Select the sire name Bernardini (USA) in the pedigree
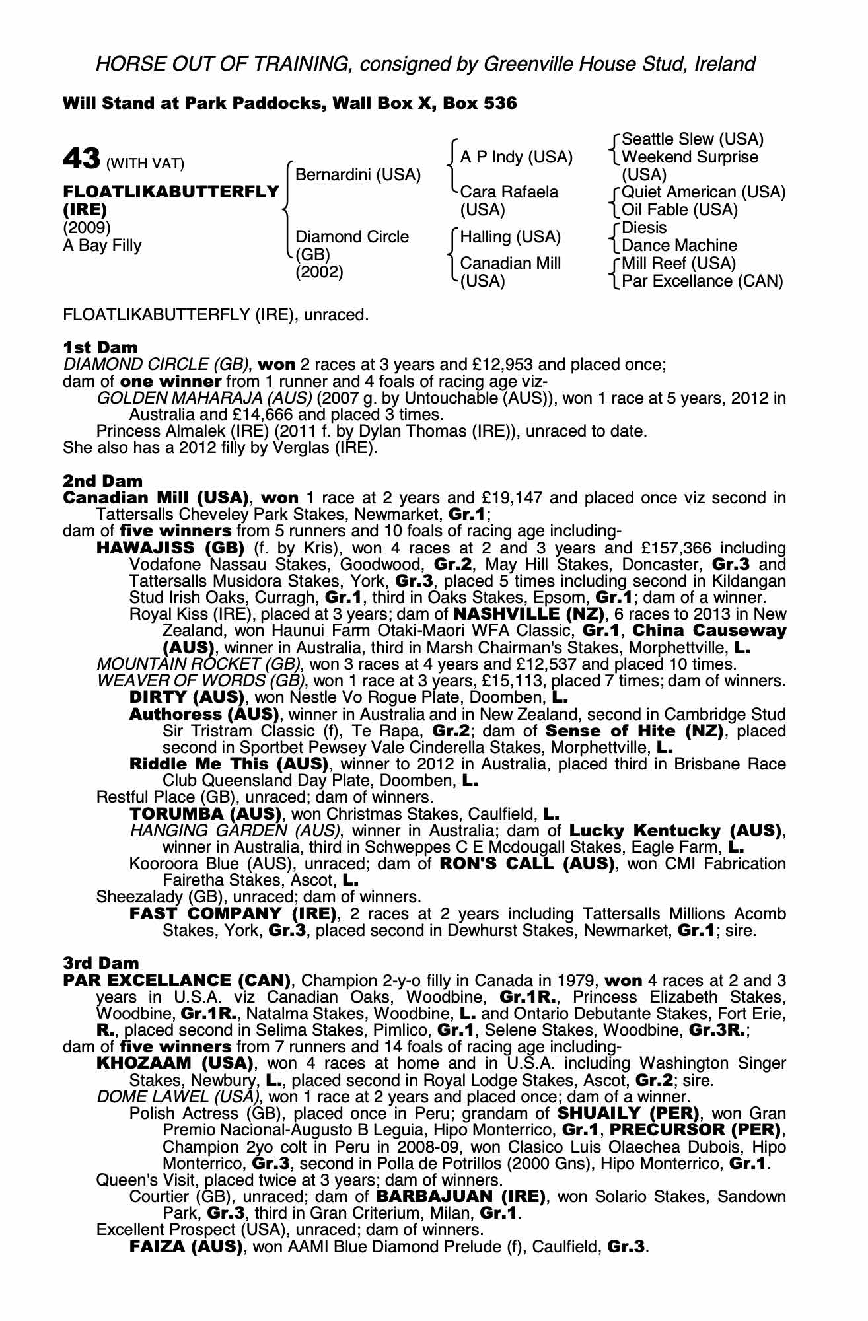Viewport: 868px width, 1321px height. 357,175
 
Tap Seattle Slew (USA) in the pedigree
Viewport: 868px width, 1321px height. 692,139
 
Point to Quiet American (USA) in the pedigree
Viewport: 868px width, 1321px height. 704,192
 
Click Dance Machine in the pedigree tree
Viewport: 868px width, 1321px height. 679,246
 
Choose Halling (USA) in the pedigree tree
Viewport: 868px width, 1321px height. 510,237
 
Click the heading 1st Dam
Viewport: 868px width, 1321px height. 100,347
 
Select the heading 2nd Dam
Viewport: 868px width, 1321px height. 102,481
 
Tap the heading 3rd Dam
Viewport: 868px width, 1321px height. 101,963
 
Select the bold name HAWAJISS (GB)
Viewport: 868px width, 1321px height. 170,548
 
